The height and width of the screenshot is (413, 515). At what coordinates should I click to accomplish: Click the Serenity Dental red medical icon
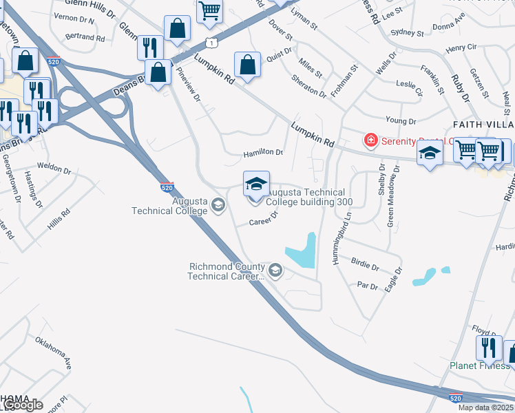click(371, 140)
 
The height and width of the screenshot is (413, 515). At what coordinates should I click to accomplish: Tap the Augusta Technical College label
click(170, 205)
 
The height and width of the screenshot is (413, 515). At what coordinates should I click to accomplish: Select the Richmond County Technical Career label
click(226, 271)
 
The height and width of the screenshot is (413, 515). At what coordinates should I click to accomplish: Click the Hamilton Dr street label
click(263, 152)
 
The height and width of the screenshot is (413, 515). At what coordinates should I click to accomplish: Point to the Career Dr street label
click(263, 219)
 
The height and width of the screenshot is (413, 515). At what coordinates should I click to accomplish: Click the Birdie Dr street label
click(365, 264)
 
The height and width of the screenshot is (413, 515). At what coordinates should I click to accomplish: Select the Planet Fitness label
click(480, 366)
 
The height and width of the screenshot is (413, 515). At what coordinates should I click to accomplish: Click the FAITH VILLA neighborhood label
click(483, 124)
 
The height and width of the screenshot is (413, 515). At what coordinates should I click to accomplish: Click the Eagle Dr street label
click(389, 282)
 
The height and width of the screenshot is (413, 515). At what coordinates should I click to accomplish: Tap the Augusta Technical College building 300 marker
click(256, 187)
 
